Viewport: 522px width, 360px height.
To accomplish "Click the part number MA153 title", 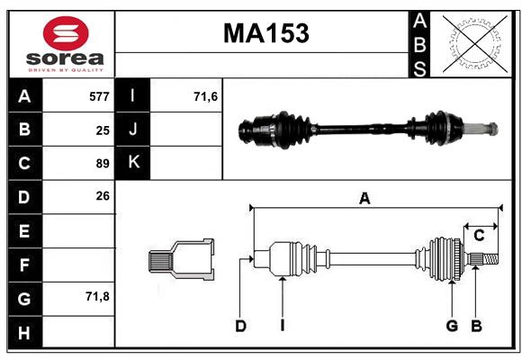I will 265,33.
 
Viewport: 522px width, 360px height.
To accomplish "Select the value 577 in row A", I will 99,96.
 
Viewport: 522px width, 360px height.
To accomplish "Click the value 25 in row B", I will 103,130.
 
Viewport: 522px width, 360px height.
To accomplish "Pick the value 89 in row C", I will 103,164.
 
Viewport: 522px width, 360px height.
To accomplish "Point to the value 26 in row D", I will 103,195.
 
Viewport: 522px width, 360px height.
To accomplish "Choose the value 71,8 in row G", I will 97,296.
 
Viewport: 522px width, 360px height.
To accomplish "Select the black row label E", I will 24,231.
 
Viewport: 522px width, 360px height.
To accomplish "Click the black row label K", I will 133,163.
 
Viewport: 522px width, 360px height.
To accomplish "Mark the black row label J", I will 133,130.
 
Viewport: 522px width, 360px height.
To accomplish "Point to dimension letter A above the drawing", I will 364,199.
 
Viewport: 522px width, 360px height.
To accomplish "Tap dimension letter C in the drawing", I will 479,236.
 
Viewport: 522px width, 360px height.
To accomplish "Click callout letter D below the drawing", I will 240,326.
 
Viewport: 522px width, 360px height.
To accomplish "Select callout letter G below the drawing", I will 452,326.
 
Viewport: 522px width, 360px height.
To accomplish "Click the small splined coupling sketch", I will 181,259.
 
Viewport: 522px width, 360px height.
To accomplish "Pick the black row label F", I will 24,265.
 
